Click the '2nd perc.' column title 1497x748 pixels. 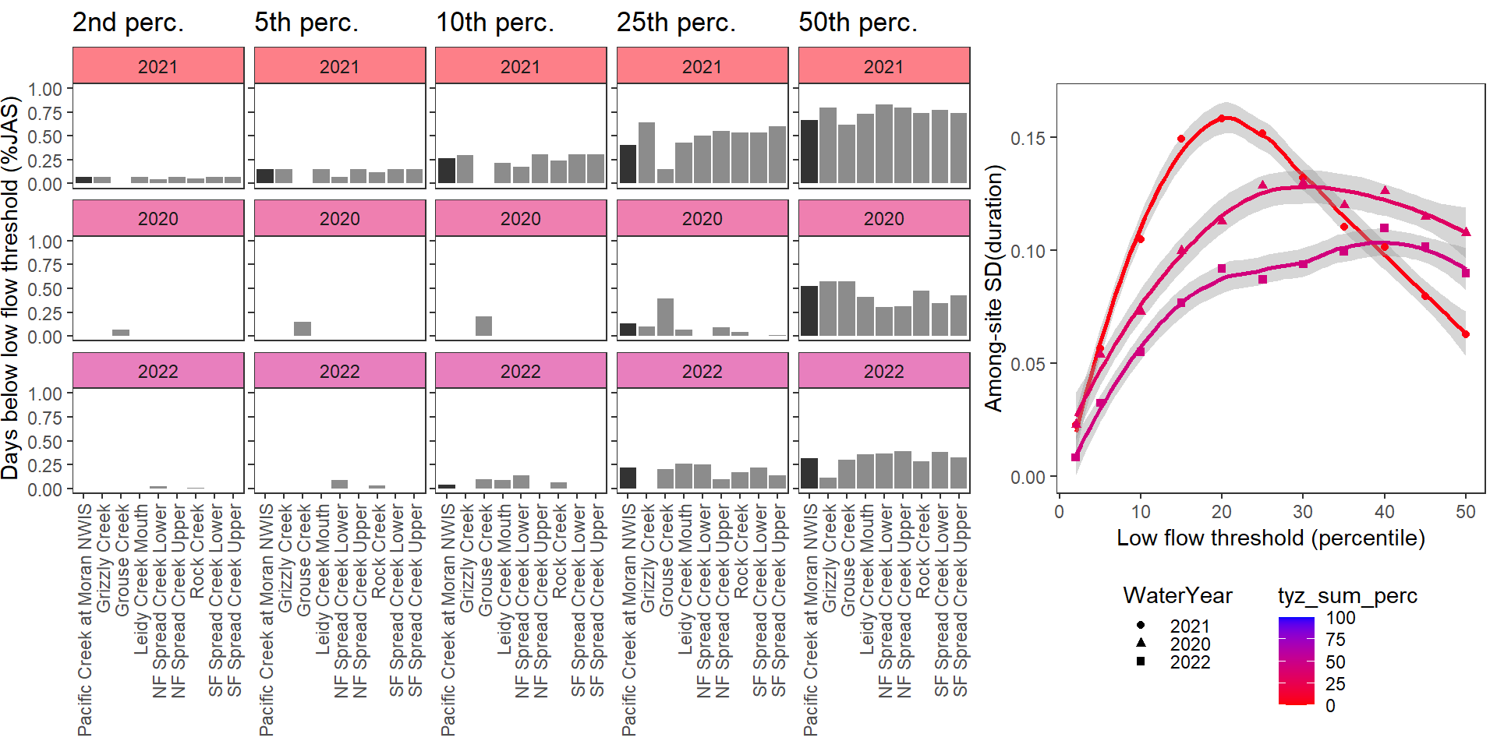[128, 23]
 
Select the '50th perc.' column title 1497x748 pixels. [858, 23]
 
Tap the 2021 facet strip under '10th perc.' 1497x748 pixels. [520, 66]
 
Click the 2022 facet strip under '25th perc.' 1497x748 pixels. [702, 371]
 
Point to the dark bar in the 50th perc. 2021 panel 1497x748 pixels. [809, 152]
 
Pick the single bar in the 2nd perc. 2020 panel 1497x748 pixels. [121, 333]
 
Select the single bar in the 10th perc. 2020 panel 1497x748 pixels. [483, 326]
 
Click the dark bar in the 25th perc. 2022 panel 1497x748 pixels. [628, 478]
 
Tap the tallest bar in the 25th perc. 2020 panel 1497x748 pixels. [665, 317]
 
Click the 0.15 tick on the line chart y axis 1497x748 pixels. [1028, 138]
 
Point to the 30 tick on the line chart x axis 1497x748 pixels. [1303, 512]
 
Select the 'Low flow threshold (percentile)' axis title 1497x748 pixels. [1270, 538]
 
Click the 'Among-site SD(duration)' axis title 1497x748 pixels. [993, 288]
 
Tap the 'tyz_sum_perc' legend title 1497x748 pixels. [1347, 596]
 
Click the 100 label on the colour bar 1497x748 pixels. [1340, 618]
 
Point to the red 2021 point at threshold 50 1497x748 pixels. [1466, 334]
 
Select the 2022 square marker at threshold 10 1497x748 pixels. [1140, 351]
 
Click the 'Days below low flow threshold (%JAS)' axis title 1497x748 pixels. [10, 288]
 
